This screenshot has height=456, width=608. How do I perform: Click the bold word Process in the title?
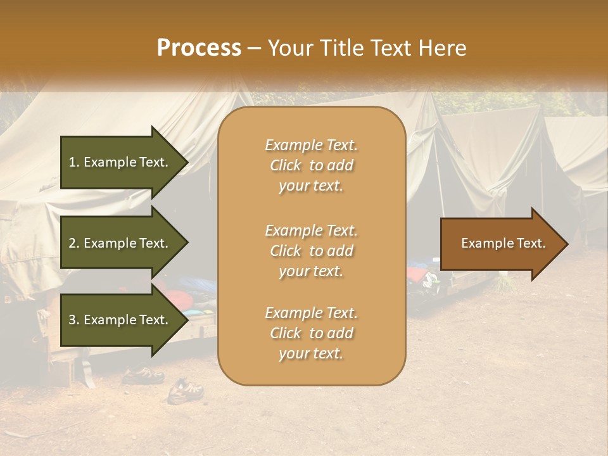199,48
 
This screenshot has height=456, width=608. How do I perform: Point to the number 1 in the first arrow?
72,162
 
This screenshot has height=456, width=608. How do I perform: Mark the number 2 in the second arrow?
72,243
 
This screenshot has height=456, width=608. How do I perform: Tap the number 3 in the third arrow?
72,320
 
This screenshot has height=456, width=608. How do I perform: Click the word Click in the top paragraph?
286,166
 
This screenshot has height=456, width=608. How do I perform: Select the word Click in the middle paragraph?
286,251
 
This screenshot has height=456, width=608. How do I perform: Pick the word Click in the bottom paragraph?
286,333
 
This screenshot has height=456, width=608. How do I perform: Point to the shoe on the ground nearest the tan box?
186,391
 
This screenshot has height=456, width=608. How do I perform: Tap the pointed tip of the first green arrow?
187,162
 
